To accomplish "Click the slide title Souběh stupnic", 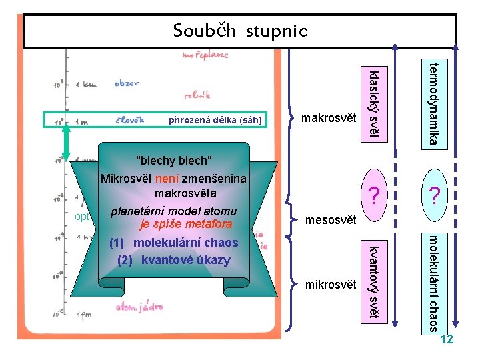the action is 240,31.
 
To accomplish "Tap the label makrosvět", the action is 329,119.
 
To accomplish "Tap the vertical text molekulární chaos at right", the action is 433,283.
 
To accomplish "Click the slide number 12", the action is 447,340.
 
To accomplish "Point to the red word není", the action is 167,179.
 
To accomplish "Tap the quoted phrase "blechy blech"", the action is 173,161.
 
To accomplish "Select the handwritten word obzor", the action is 127,84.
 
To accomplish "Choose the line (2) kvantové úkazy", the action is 173,260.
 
